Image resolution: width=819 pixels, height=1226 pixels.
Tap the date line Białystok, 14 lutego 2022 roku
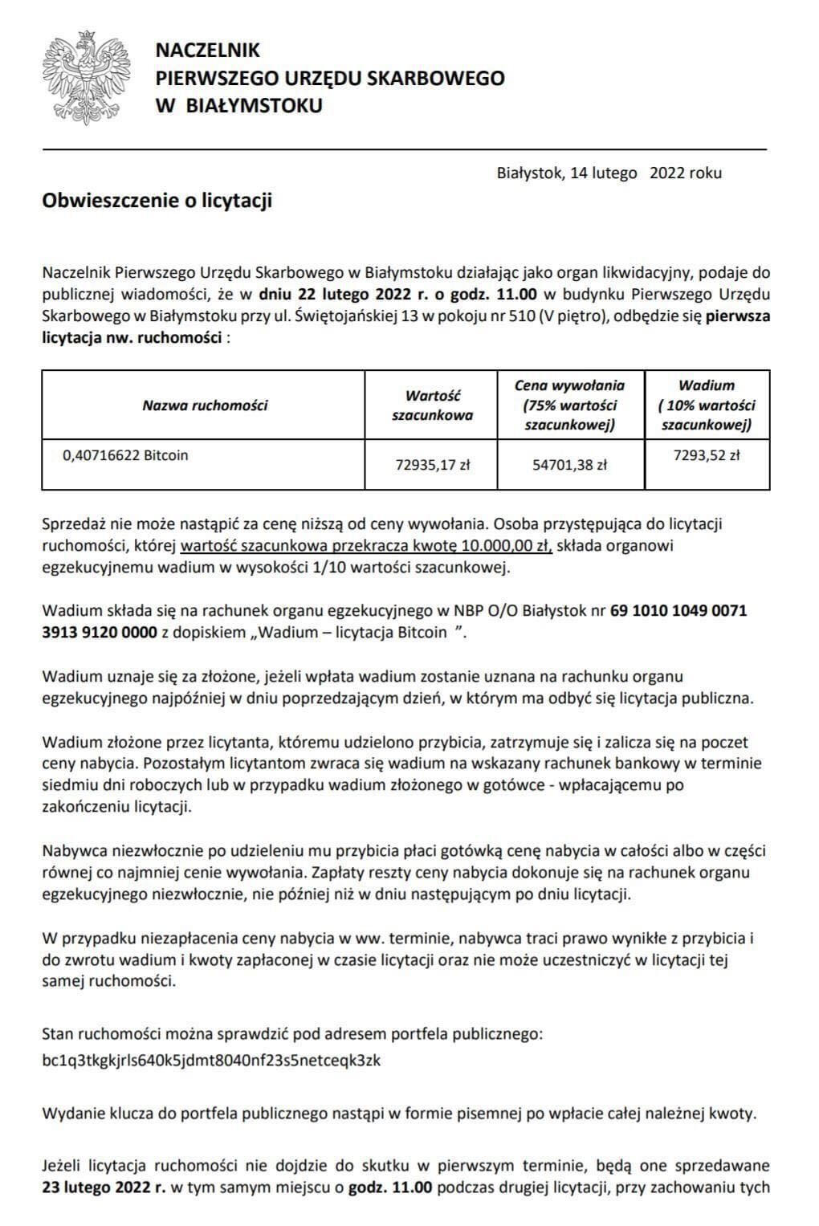[609, 173]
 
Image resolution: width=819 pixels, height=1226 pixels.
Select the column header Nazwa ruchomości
[205, 405]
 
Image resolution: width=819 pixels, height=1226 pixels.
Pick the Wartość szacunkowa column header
[432, 405]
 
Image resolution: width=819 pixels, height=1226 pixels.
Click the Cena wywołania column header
[569, 405]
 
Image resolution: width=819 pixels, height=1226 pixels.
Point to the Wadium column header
[707, 405]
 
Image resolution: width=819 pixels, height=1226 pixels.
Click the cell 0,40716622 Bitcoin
[125, 455]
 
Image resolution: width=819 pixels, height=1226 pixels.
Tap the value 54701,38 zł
[569, 463]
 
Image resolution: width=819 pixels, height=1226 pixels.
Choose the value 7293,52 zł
[707, 455]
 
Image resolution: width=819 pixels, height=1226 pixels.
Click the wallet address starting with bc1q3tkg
[211, 1060]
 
